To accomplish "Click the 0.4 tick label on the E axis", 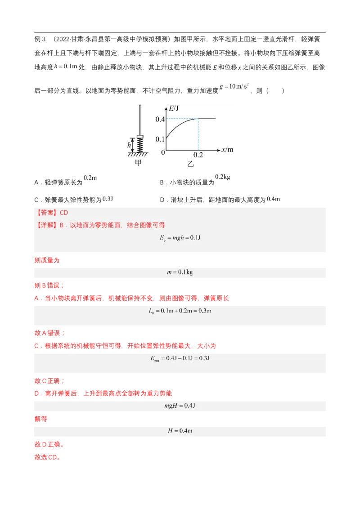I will point(160,119).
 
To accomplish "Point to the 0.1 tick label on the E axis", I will point(160,139).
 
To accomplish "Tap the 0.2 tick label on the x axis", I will point(198,155).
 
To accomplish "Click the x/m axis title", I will point(228,150).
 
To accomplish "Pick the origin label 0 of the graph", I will point(163,153).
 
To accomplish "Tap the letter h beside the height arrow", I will point(130,145).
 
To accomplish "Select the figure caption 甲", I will point(138,163).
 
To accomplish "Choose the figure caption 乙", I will point(191,164).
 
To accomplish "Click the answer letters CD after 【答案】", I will point(64,213).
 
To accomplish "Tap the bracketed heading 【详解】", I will point(46,225).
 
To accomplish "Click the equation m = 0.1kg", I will point(180,272).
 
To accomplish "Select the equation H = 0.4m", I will point(180,430).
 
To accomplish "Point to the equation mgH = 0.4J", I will point(180,406).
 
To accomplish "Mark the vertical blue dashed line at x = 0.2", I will point(198,135).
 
